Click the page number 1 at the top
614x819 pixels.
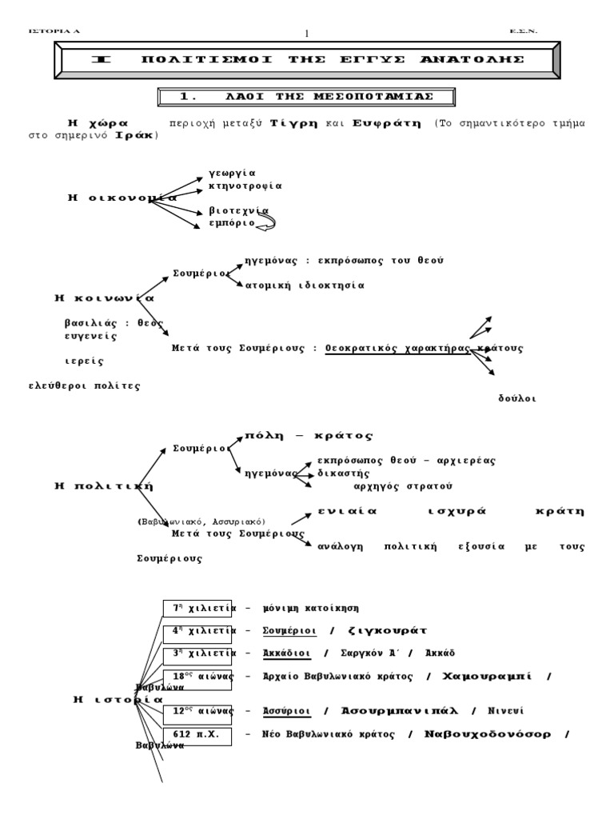307,33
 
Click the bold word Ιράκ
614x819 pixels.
135,135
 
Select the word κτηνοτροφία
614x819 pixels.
245,185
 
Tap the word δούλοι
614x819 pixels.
516,398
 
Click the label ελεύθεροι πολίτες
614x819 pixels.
85,386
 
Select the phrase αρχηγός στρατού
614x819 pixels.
403,485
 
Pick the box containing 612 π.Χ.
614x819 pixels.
197,734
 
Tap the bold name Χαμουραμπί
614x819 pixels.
486,676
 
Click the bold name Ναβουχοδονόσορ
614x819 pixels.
488,734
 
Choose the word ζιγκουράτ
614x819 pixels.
389,630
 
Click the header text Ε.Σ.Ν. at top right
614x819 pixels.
523,31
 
